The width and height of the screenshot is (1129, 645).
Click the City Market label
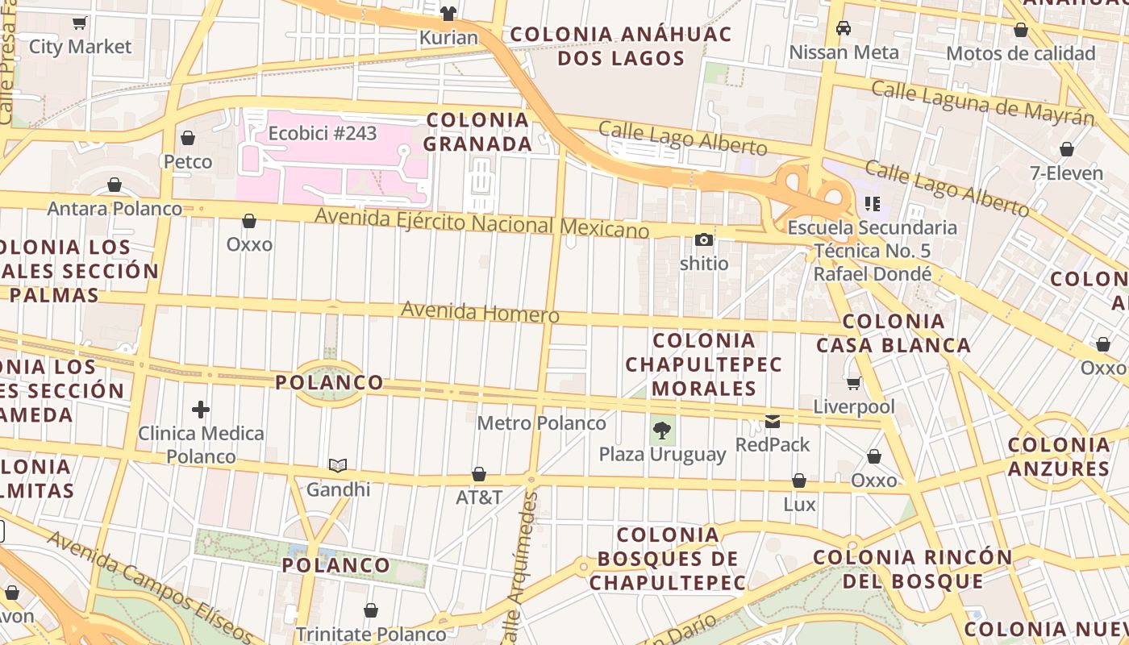[x=80, y=47]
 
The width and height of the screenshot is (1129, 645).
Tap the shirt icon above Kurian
[x=448, y=14]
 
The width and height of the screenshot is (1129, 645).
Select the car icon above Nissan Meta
[x=844, y=28]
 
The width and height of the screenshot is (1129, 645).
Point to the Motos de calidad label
[x=1020, y=54]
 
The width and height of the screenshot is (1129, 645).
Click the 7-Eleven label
[x=1066, y=173]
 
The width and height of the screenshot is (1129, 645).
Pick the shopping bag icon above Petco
[x=188, y=139]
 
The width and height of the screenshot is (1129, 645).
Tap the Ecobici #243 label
[x=323, y=133]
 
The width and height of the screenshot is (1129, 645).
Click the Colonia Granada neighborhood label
[x=478, y=132]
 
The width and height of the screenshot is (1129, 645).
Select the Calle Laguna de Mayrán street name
[x=982, y=102]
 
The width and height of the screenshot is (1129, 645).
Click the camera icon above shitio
[x=704, y=240]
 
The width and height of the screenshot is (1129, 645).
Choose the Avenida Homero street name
[x=480, y=312]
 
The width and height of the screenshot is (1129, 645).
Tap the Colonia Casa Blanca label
[x=894, y=333]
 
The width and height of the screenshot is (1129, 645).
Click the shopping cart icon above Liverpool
[x=854, y=383]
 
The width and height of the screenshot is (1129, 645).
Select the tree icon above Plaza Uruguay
[x=662, y=431]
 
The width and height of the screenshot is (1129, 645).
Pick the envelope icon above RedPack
[x=773, y=421]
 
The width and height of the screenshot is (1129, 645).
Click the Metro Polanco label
[x=541, y=423]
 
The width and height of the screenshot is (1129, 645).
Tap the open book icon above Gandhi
[x=338, y=466]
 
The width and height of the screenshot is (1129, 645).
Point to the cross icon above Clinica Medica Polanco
[x=201, y=410]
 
